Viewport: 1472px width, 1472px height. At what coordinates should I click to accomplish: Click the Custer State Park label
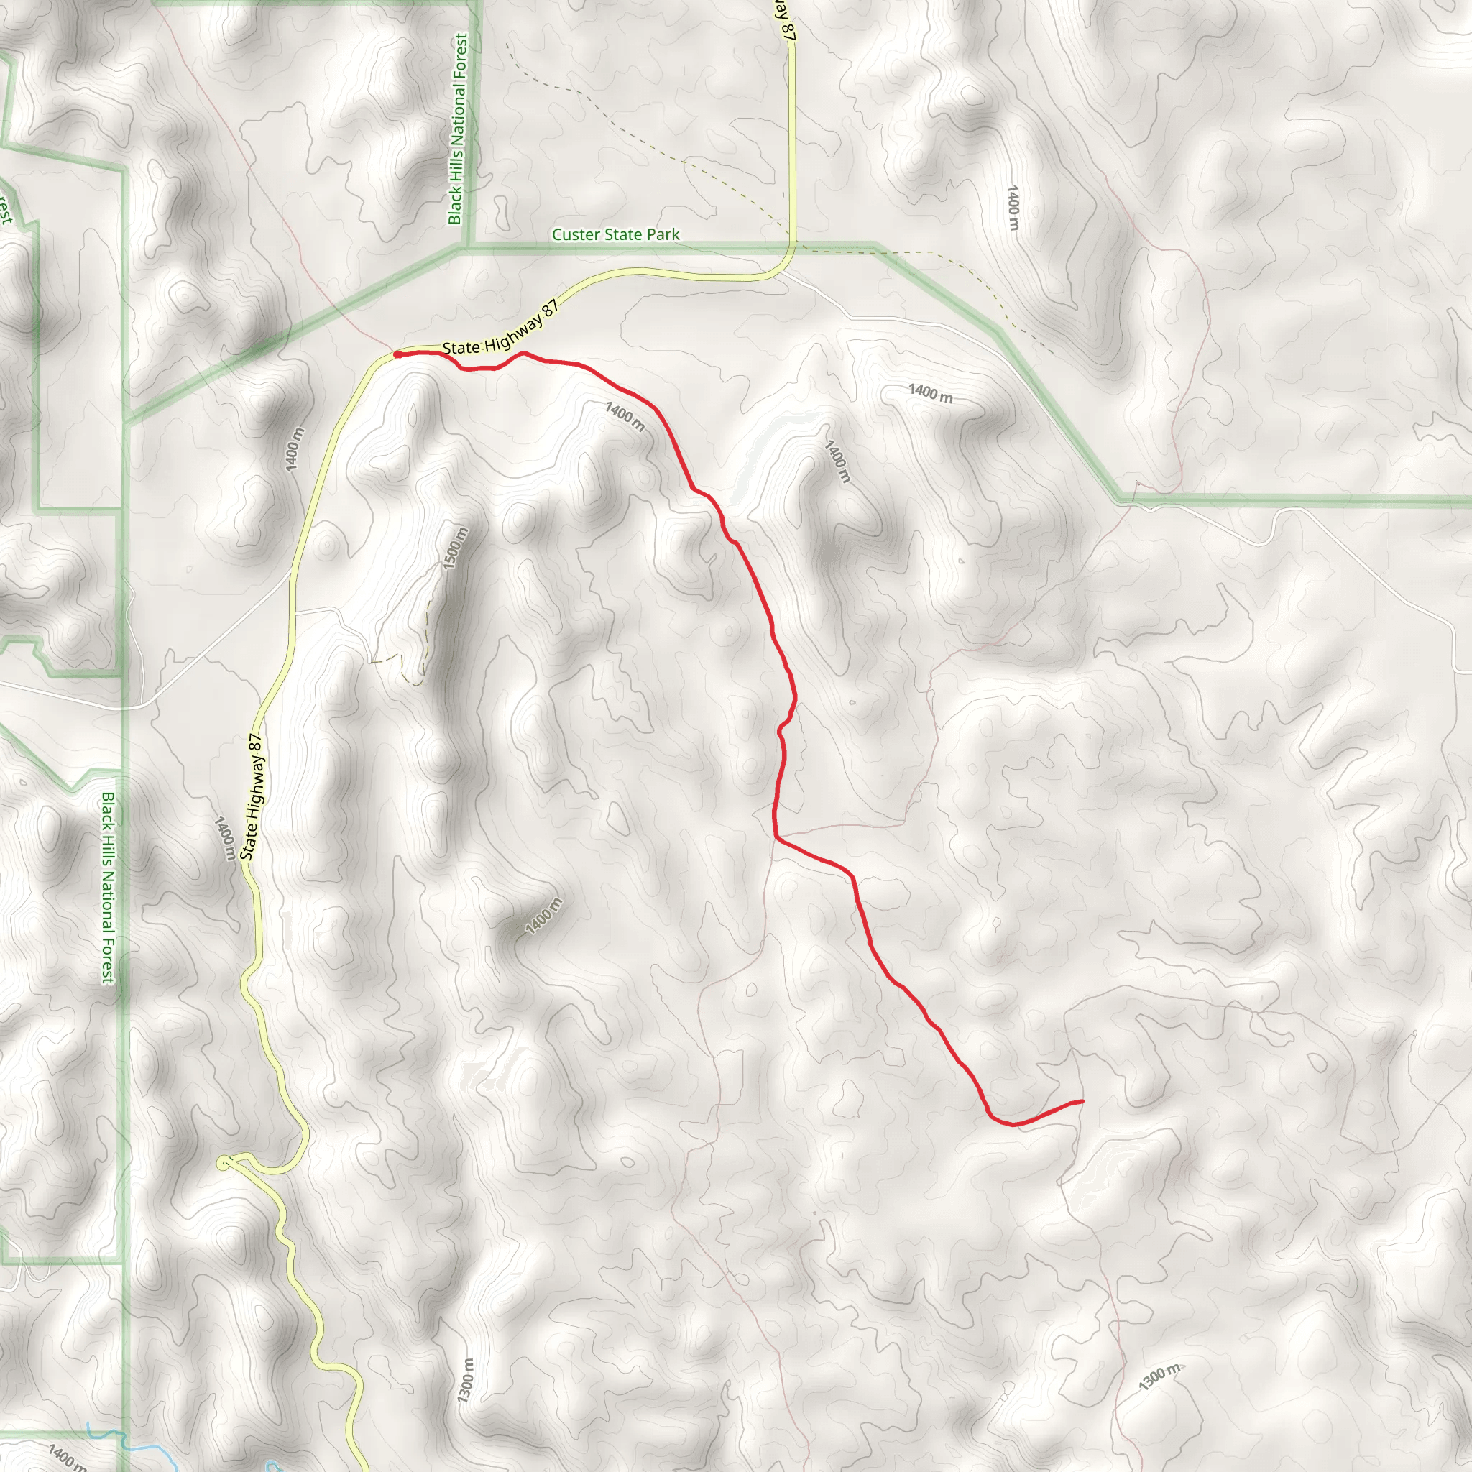pos(616,234)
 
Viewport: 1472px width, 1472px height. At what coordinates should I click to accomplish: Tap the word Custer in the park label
pos(574,234)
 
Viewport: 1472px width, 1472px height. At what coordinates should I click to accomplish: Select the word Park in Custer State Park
pos(663,234)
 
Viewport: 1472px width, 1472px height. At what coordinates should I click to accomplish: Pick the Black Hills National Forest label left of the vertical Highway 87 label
pos(109,888)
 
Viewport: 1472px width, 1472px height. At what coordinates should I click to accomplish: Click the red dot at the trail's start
pos(397,354)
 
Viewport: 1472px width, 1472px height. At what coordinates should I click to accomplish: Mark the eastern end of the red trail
pos(1082,1101)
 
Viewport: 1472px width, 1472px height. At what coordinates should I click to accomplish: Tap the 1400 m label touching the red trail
pos(625,417)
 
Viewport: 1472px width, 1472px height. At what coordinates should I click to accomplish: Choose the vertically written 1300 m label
pos(466,1380)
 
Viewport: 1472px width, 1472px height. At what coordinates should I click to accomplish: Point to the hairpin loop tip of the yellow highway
pos(224,1164)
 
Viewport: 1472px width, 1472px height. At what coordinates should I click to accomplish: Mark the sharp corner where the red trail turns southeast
pos(776,838)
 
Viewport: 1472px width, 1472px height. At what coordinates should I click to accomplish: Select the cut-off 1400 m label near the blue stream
pos(67,1456)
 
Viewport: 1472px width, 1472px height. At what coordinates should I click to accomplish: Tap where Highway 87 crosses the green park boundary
pos(793,245)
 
